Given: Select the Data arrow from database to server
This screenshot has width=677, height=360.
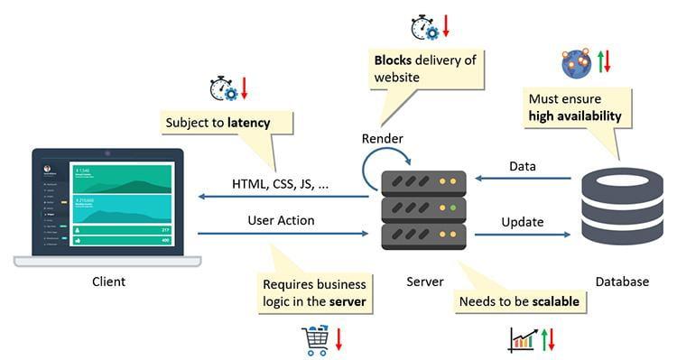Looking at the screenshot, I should [523, 178].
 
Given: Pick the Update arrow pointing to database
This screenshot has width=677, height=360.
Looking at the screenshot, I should [523, 234].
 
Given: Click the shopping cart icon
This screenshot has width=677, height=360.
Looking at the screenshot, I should [315, 339].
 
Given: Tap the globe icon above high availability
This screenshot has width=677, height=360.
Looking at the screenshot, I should [576, 63].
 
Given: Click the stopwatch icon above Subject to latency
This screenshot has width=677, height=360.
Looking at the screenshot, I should [222, 88].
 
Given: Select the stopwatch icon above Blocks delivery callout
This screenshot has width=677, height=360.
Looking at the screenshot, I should [423, 27].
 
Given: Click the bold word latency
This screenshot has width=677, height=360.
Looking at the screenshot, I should [248, 122].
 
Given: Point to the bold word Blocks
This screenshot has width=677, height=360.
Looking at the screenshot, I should [394, 60].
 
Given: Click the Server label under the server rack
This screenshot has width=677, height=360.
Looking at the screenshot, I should [424, 282].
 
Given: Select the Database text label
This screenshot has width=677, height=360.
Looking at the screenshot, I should [621, 282].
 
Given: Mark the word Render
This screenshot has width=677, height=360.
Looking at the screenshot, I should [382, 138].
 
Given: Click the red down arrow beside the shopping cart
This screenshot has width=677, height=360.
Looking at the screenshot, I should [339, 339].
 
